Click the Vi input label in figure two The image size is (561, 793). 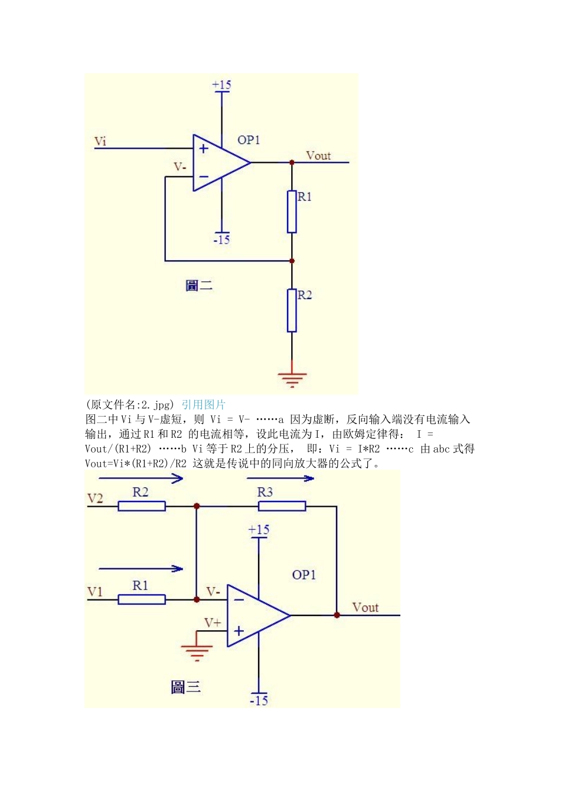100,141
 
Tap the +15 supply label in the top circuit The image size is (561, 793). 221,85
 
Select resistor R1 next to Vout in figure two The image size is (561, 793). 292,211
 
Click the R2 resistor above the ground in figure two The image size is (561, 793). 292,310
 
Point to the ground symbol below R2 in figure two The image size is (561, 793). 292,378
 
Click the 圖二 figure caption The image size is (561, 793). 198,286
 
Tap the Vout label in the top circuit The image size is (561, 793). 318,156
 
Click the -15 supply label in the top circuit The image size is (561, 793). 221,240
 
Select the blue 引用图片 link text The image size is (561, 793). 203,405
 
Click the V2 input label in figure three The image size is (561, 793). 95,499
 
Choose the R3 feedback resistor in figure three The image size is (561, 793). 282,506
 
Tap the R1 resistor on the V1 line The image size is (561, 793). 142,599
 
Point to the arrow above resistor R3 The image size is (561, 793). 280,478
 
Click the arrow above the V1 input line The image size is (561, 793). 141,569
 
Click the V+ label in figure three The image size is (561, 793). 213,622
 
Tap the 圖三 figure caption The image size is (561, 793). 185,687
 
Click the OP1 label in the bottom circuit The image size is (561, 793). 304,575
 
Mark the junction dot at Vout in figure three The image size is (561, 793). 337,615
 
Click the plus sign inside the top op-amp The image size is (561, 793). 204,149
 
